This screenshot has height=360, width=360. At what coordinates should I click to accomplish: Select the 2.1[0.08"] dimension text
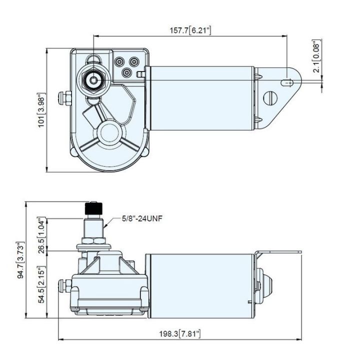316,57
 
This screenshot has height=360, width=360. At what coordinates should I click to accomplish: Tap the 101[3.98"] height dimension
42,110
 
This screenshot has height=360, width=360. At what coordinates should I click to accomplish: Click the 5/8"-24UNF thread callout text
143,218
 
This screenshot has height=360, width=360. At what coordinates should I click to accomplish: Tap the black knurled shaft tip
93,207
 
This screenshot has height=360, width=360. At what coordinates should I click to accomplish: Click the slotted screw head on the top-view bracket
270,97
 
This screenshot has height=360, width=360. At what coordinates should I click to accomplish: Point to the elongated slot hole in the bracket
287,83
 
